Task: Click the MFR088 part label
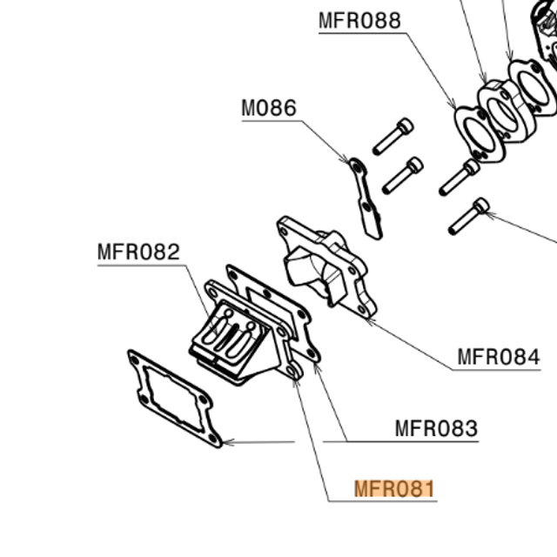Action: pyautogui.click(x=359, y=20)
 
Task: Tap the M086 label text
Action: pyautogui.click(x=269, y=109)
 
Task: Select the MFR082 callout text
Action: pyautogui.click(x=138, y=252)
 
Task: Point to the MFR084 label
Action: pyautogui.click(x=499, y=357)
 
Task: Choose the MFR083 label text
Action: pyautogui.click(x=436, y=428)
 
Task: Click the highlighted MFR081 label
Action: pyautogui.click(x=393, y=489)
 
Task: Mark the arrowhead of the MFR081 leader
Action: pyautogui.click(x=296, y=381)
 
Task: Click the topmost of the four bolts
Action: pyautogui.click(x=393, y=136)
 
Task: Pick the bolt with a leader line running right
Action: pyautogui.click(x=469, y=216)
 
